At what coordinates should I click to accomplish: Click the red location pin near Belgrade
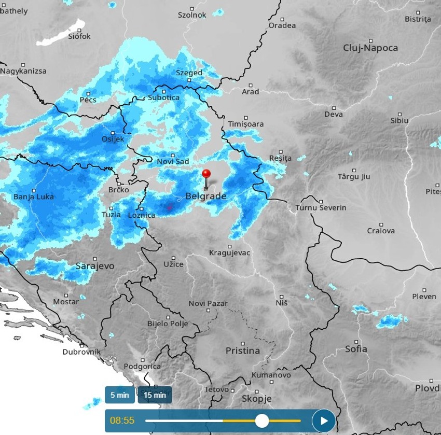[x=206, y=175]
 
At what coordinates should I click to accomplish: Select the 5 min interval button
[x=119, y=395]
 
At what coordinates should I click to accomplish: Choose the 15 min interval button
[x=155, y=395]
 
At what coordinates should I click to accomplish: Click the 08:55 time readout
[x=122, y=420]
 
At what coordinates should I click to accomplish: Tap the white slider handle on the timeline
[x=262, y=420]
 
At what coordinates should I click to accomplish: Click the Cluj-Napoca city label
[x=370, y=48]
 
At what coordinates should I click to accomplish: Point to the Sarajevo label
[x=95, y=266]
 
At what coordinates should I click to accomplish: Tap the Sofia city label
[x=356, y=349]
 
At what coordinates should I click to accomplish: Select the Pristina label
[x=243, y=351]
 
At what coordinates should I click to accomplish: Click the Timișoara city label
[x=246, y=124]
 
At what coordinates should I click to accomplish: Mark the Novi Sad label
[x=173, y=162]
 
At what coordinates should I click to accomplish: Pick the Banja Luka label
[x=33, y=197]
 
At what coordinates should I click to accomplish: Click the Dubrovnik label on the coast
[x=81, y=352]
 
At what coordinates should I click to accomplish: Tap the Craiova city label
[x=381, y=231]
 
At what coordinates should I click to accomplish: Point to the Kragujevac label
[x=229, y=253]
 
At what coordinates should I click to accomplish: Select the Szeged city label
[x=189, y=73]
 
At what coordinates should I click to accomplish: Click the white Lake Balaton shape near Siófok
[x=61, y=33]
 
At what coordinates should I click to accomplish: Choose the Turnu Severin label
[x=321, y=207]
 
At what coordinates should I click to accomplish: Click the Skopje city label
[x=256, y=399]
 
